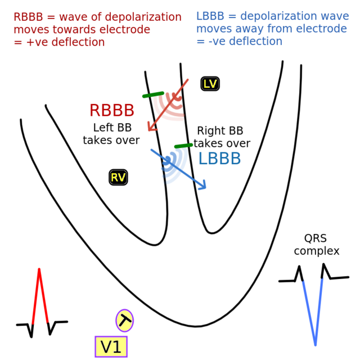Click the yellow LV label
[x=210, y=84]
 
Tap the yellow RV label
[x=118, y=178]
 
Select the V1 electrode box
[x=111, y=346]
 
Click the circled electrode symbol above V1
[x=124, y=321]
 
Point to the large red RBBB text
[x=112, y=111]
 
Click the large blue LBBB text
[x=219, y=159]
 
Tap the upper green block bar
[x=153, y=95]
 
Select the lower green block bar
[x=183, y=146]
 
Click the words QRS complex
[x=317, y=245]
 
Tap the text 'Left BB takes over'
[x=111, y=133]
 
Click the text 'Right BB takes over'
[x=222, y=137]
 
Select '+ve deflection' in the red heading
[x=65, y=42]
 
